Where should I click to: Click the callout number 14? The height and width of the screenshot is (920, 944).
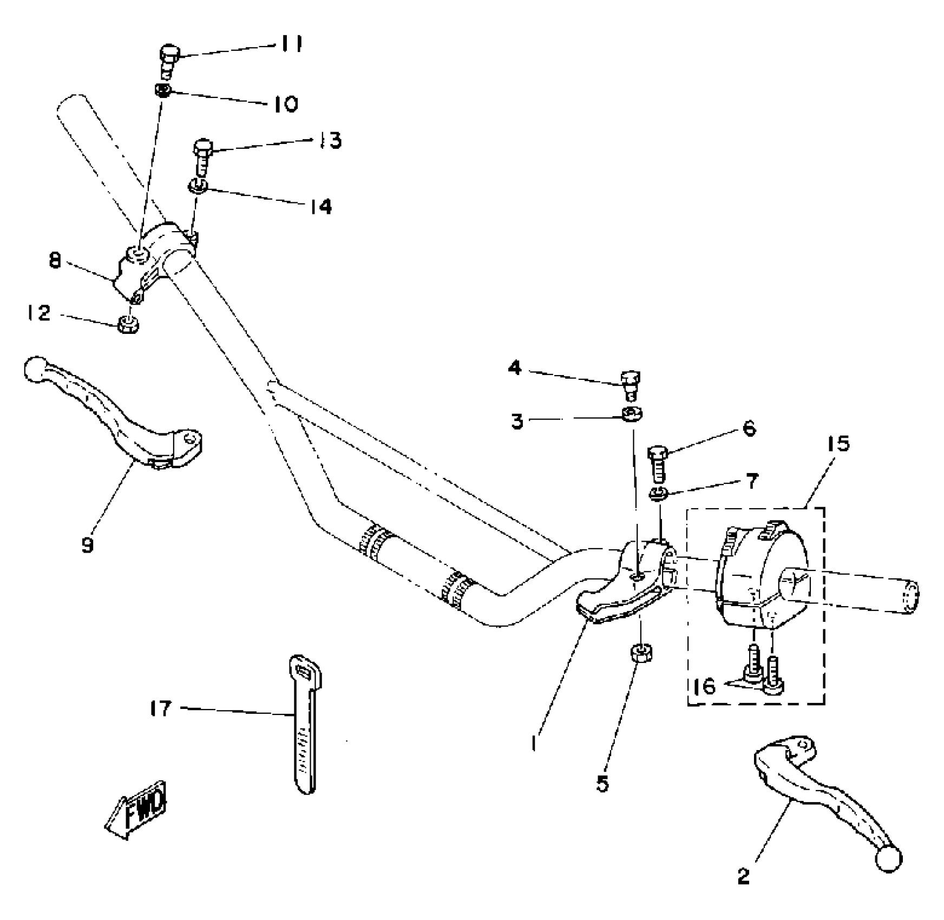321,206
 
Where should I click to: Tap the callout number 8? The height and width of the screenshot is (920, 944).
55,261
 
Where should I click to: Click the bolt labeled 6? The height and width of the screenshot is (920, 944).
657,463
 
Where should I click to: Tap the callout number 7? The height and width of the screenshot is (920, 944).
752,481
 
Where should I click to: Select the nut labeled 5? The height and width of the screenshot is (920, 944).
641,652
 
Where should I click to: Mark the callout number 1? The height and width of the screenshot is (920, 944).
534,744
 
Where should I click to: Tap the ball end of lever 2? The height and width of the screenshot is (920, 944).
890,858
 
